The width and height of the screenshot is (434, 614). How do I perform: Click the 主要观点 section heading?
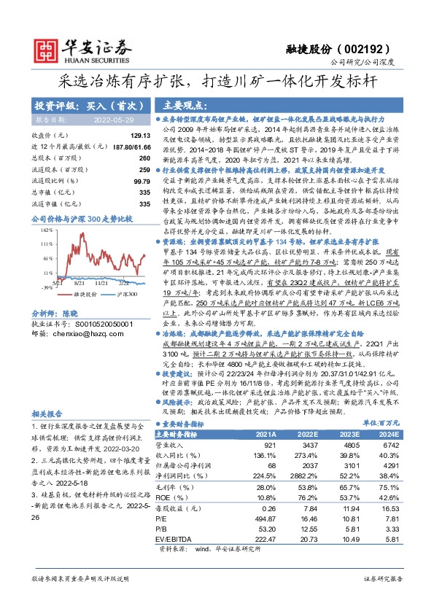click(186, 104)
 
